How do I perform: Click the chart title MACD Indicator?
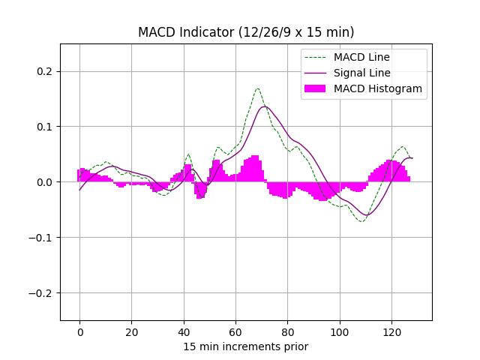246,32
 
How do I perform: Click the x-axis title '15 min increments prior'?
246,346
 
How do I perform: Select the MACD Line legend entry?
361,57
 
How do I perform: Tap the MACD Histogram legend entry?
377,88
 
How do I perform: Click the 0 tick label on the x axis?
79,332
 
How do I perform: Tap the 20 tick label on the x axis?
131,332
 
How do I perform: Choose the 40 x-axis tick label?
184,332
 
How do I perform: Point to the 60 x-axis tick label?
235,332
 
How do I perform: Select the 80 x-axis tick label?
287,332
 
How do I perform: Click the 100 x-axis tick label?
340,332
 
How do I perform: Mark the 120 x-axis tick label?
391,332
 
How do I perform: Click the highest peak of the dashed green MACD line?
257,88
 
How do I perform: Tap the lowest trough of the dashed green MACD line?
361,221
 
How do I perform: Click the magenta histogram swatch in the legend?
314,88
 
